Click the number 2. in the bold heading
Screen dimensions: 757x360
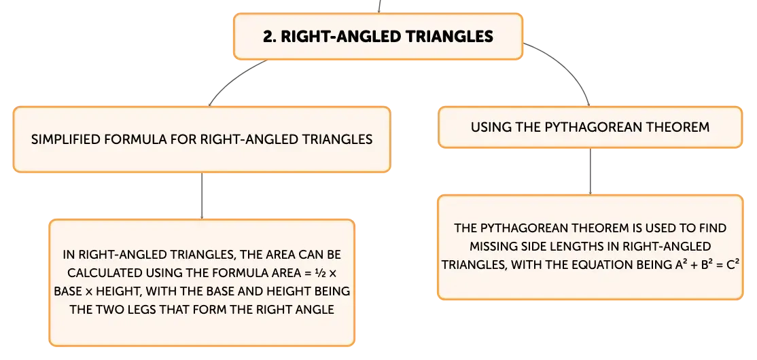pyautogui.click(x=269, y=37)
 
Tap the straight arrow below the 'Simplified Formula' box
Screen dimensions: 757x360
pyautogui.click(x=201, y=196)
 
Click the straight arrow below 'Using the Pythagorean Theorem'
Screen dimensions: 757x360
pyautogui.click(x=590, y=171)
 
